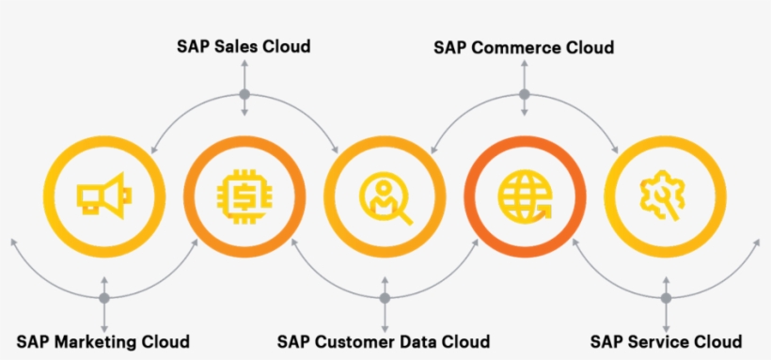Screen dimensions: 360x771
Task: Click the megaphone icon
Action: [103, 196]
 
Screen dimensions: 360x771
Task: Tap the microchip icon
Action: [244, 196]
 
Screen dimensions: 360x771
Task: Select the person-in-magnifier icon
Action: [385, 196]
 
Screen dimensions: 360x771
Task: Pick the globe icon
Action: [525, 196]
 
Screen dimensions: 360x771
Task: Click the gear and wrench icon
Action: [666, 196]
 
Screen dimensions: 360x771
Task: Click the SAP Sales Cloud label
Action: [244, 45]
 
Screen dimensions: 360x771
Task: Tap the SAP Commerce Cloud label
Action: [524, 47]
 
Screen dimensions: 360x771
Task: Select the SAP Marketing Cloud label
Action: [103, 341]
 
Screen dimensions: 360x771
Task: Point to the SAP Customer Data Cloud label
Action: [384, 341]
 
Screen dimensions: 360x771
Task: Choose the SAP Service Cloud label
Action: [666, 341]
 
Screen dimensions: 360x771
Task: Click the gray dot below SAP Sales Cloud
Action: [244, 94]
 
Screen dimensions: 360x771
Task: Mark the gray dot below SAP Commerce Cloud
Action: [525, 94]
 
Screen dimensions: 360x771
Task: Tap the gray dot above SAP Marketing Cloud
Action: [104, 298]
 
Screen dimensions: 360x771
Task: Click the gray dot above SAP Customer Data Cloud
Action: [385, 298]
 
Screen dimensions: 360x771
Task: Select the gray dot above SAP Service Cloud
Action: [666, 298]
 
